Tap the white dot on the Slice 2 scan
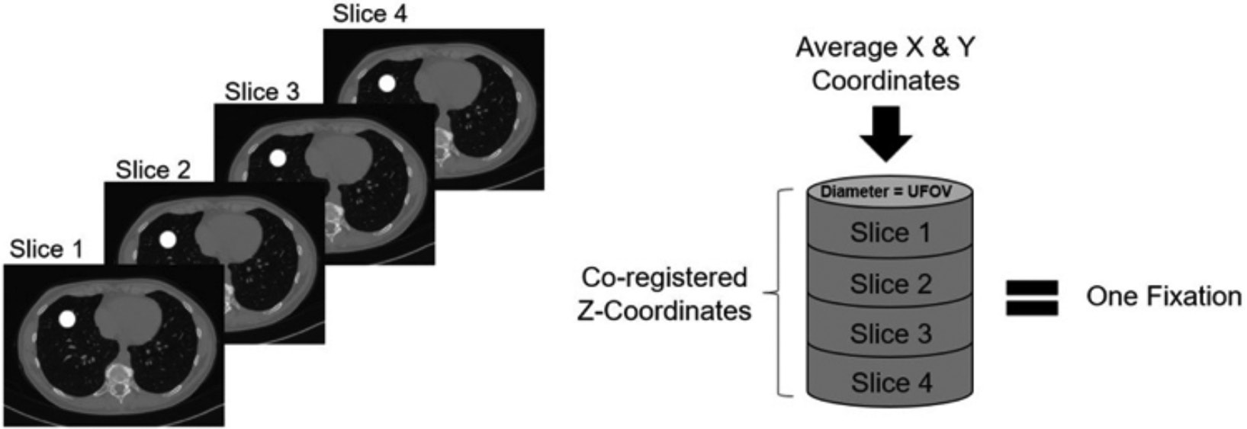pyautogui.click(x=168, y=239)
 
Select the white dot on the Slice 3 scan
pyautogui.click(x=278, y=158)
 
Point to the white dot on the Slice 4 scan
pyautogui.click(x=387, y=83)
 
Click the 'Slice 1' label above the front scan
pyautogui.click(x=47, y=249)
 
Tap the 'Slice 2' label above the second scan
pyautogui.click(x=153, y=169)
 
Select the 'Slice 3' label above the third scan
pyautogui.click(x=262, y=92)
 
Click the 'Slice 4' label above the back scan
pyautogui.click(x=370, y=14)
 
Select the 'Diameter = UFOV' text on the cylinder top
pyautogui.click(x=885, y=192)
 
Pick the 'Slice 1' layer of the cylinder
pyautogui.click(x=890, y=232)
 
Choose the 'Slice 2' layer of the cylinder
pyautogui.click(x=890, y=283)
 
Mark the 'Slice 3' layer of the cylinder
pyautogui.click(x=890, y=333)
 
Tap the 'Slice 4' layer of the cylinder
pyautogui.click(x=890, y=382)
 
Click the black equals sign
pyautogui.click(x=1032, y=298)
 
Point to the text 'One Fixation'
pyautogui.click(x=1163, y=296)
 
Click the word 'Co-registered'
pyautogui.click(x=664, y=277)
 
